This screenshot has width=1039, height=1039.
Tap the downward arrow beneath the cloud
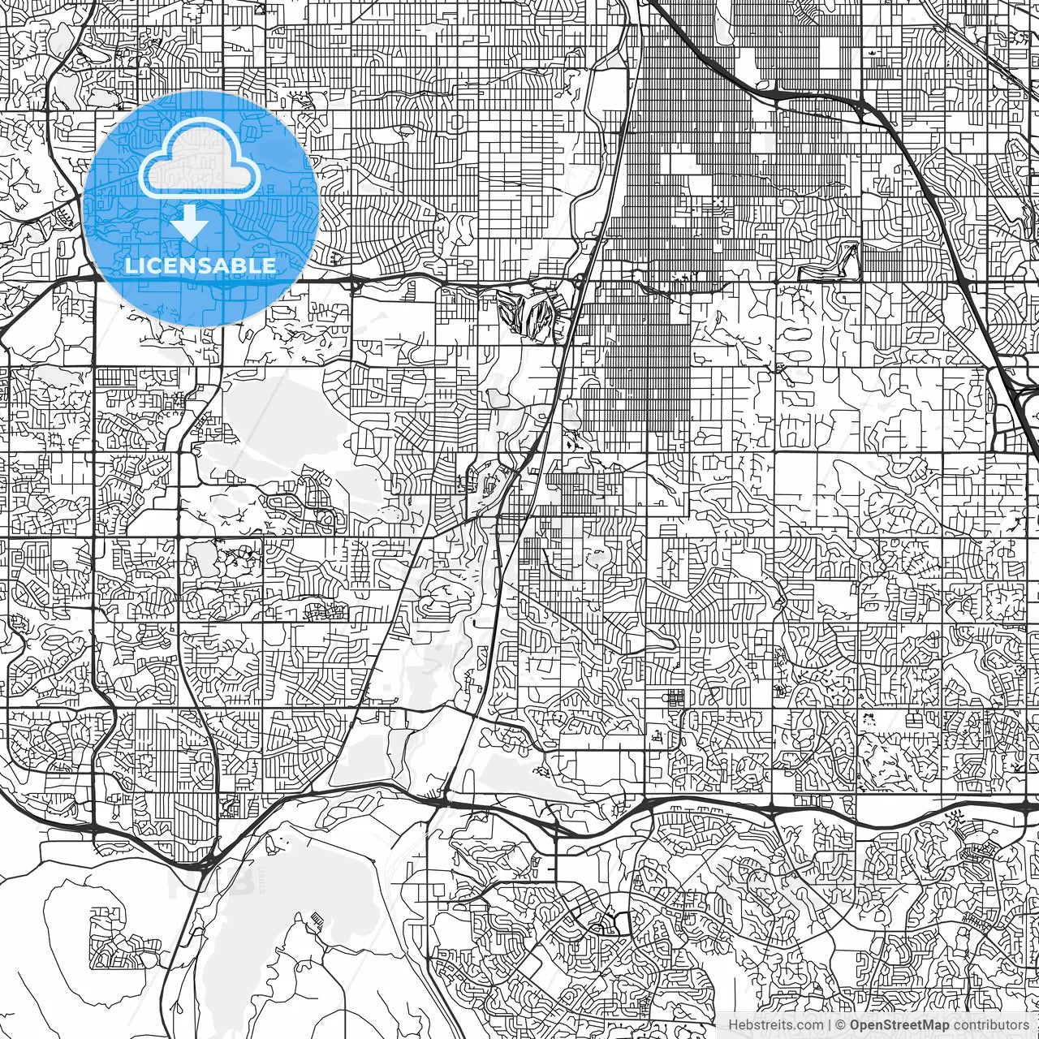[x=190, y=223]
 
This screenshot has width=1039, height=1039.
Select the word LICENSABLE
[x=200, y=265]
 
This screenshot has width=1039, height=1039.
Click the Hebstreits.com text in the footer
[x=774, y=1024]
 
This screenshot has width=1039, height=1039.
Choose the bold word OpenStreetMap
[x=899, y=1024]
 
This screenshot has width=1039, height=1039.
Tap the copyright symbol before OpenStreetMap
[x=842, y=1024]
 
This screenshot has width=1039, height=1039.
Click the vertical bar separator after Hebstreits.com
[x=829, y=1024]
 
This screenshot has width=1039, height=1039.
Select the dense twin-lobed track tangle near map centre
[x=528, y=313]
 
